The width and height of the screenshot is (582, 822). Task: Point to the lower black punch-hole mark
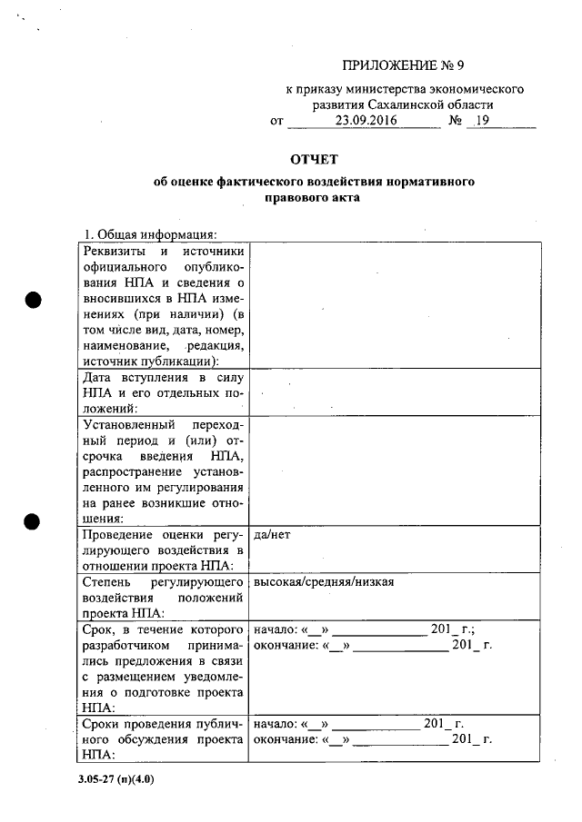pyautogui.click(x=35, y=523)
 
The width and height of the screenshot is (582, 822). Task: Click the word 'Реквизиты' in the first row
pyautogui.click(x=114, y=252)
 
